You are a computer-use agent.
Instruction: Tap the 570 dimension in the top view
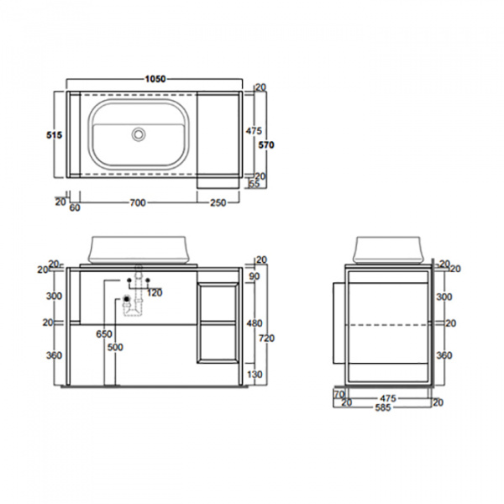(266, 144)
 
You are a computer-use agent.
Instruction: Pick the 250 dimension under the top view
(218, 202)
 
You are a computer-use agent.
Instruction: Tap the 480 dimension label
(254, 323)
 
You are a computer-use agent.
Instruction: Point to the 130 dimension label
(254, 375)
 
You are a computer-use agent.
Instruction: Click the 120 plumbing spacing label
(155, 292)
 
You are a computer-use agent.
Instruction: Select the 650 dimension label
(103, 333)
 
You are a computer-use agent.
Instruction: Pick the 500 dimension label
(115, 347)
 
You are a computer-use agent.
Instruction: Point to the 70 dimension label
(339, 393)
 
